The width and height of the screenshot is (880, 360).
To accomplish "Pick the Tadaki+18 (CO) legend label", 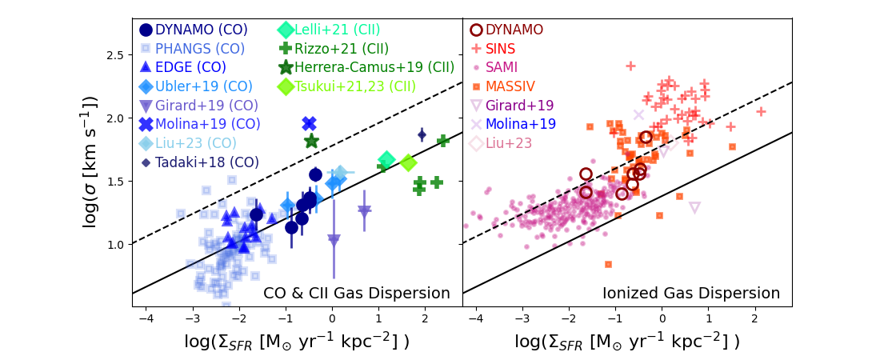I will [x=206, y=162].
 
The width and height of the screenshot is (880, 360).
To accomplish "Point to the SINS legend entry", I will [x=501, y=49].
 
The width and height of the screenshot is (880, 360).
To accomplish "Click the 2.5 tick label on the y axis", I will [x=117, y=55].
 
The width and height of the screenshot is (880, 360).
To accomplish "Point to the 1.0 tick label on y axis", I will [x=117, y=244].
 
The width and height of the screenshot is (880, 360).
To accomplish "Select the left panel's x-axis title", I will [x=297, y=341].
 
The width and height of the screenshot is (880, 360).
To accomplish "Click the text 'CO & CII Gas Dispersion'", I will [x=357, y=294].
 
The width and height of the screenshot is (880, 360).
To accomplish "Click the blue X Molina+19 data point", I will [x=310, y=124].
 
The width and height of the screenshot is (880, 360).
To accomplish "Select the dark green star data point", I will [x=312, y=142].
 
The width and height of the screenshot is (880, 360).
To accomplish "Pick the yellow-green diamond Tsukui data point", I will [x=408, y=162].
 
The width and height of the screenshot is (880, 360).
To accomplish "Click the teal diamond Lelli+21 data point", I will [x=387, y=159].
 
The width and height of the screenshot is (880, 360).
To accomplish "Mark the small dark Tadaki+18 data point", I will [x=422, y=134].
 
